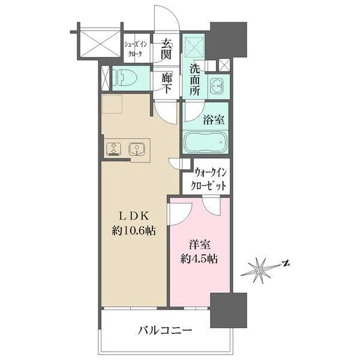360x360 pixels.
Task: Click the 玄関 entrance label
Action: tap(166, 49)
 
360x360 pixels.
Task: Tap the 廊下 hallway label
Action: tap(166, 83)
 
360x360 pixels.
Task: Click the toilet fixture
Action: tap(127, 78)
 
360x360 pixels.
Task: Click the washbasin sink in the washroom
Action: tap(217, 86)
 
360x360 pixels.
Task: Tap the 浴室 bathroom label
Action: tap(214, 119)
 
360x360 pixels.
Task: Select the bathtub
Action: tap(205, 142)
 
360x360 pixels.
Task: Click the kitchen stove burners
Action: tap(113, 149)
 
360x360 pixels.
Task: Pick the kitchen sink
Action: tap(137, 149)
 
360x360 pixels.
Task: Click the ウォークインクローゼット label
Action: tap(208, 179)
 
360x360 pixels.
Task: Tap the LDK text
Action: tap(133, 216)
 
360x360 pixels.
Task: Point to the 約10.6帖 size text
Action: tap(133, 230)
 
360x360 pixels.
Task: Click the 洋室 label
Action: tap(200, 245)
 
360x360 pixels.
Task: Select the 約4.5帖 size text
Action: tap(199, 259)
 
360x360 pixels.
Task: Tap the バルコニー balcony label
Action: tap(164, 331)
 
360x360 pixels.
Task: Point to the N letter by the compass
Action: tap(286, 263)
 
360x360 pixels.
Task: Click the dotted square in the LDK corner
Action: tap(112, 104)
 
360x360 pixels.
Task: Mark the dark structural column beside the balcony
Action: tap(229, 310)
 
